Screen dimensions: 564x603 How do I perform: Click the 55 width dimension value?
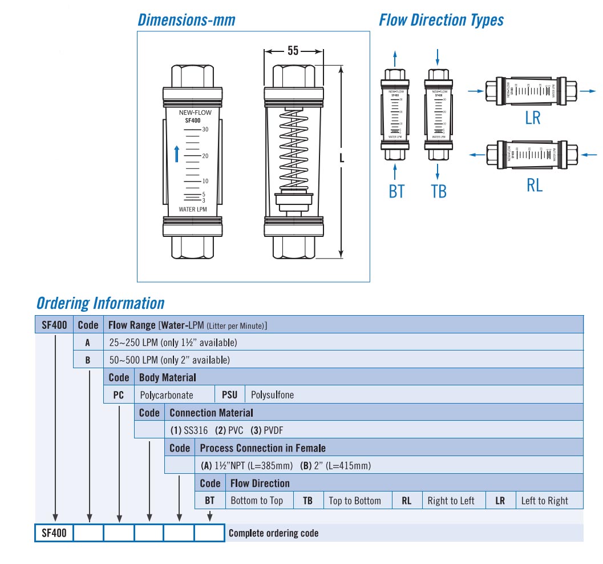click(x=293, y=51)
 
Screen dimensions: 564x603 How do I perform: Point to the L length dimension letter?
click(x=342, y=159)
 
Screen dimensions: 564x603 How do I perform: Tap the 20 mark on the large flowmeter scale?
click(x=205, y=155)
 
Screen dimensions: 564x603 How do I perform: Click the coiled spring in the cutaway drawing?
click(x=294, y=151)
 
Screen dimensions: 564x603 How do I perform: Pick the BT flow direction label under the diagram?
click(x=396, y=191)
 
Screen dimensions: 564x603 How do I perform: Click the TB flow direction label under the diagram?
click(x=438, y=191)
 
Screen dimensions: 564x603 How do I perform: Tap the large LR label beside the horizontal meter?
click(x=532, y=118)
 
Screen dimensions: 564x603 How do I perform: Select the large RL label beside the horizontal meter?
click(x=534, y=184)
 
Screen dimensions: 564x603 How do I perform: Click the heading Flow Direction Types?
click(x=441, y=21)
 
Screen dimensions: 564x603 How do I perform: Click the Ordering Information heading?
click(x=100, y=303)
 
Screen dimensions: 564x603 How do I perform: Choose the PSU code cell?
click(x=229, y=395)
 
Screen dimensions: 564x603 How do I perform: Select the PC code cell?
click(x=119, y=395)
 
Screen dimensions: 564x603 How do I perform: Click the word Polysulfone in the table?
click(x=273, y=395)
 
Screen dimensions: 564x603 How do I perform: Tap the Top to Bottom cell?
click(x=355, y=501)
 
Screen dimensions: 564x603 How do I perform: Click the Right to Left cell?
click(x=451, y=501)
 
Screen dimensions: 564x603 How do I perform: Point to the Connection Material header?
click(x=211, y=413)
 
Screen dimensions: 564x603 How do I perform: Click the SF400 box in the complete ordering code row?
click(x=54, y=533)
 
